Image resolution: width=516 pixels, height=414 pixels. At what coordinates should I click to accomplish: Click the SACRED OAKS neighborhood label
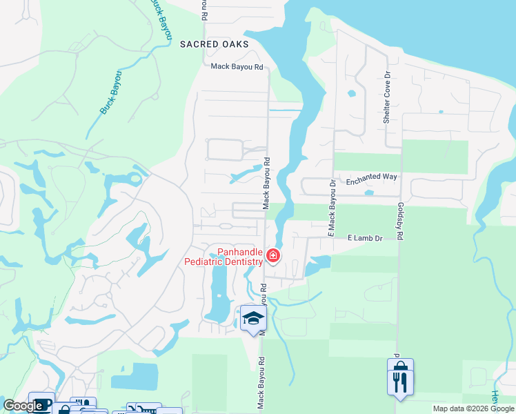tap(213, 43)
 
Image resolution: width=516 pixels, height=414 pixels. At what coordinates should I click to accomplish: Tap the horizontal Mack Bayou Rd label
tap(237, 67)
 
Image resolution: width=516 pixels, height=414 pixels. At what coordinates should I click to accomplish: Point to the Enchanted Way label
tap(371, 177)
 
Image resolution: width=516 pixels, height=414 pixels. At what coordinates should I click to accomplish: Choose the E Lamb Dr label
tap(364, 238)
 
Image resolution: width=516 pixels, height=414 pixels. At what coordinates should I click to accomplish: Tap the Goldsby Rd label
tap(399, 219)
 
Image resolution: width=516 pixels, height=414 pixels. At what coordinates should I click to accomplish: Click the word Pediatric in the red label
tap(208, 262)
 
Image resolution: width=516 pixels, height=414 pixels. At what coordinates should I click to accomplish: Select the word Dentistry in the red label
tap(244, 262)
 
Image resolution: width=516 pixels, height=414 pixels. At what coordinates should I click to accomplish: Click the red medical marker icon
tap(273, 257)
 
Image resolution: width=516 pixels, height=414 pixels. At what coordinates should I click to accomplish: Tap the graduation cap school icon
tap(252, 317)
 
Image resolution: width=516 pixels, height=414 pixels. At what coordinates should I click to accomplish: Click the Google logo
tap(22, 406)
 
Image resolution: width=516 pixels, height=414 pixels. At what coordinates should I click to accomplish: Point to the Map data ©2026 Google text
tap(473, 408)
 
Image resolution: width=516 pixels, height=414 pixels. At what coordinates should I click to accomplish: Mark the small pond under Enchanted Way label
tap(369, 193)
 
